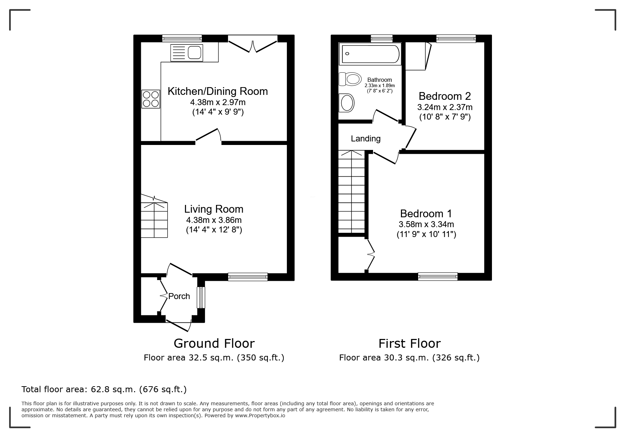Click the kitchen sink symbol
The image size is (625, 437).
(x=187, y=53)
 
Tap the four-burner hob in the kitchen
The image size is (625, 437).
(x=151, y=99)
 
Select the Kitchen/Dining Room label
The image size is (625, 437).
(x=217, y=91)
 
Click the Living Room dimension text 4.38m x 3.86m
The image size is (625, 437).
(x=214, y=220)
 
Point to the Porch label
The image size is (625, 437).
(x=179, y=296)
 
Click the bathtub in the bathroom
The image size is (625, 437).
(x=370, y=54)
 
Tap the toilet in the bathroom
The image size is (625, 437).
(x=350, y=79)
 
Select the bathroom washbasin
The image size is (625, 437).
(x=347, y=103)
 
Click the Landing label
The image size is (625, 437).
(x=366, y=139)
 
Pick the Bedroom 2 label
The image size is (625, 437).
(x=445, y=96)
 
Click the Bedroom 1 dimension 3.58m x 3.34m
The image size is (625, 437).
(x=426, y=224)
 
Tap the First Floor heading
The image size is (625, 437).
(x=409, y=343)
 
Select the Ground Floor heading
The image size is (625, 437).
(x=214, y=343)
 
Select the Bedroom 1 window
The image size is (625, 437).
(x=438, y=277)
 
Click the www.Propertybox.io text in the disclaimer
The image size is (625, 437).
(x=260, y=415)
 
